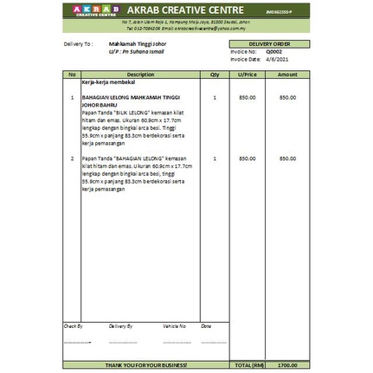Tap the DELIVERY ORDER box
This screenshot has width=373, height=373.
coord(269,43)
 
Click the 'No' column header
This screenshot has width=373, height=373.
coord(72,74)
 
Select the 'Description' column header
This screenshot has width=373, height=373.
coord(140,74)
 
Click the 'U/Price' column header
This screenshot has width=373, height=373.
coord(248,74)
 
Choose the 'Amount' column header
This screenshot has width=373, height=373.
coord(287,74)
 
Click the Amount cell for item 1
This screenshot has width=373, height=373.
coord(287,98)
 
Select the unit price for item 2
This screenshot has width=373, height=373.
coord(248,158)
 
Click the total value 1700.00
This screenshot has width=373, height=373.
coord(287,365)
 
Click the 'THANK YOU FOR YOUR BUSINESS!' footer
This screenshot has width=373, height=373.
coord(146,365)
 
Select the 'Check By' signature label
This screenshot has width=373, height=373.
coord(73,326)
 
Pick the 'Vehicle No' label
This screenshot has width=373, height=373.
coord(174,326)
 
